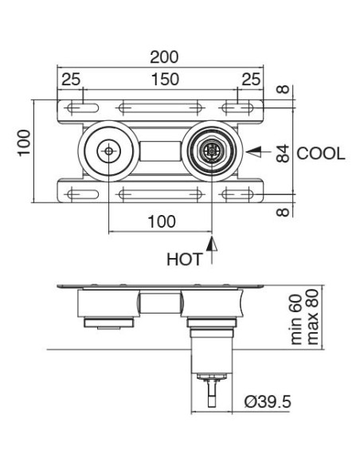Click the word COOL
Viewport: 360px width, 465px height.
(321, 153)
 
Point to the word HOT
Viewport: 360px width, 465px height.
(184, 259)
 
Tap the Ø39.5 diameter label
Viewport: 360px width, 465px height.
(268, 402)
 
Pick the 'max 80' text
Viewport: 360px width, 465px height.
(312, 317)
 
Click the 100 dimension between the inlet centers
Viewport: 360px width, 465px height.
(162, 222)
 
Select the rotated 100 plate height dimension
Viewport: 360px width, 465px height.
(25, 143)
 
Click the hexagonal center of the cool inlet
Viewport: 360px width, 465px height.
(212, 150)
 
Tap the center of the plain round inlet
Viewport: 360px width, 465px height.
(108, 150)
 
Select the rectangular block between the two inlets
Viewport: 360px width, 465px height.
(159, 150)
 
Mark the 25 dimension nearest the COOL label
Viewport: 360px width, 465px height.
(251, 79)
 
